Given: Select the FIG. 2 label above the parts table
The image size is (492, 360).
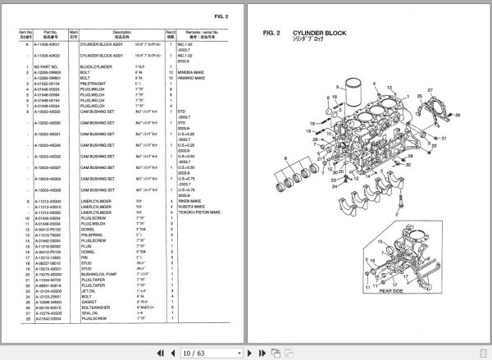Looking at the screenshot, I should point(219,16).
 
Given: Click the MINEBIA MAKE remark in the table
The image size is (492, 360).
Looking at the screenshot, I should point(191,71).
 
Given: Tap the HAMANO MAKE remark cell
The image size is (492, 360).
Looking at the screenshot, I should point(191,77).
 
